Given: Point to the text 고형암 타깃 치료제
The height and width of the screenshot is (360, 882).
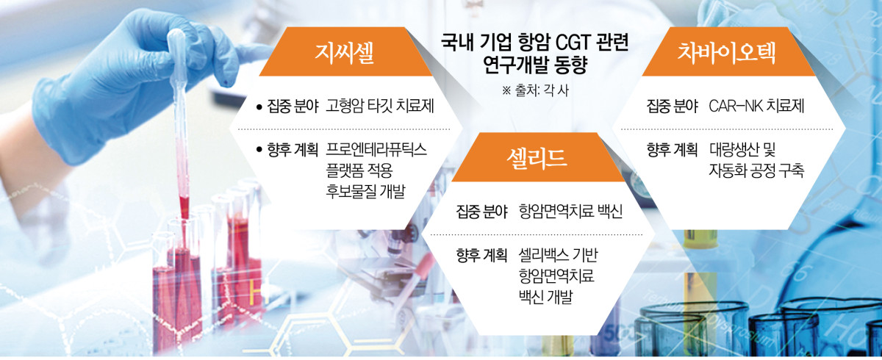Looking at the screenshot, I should coord(380,107).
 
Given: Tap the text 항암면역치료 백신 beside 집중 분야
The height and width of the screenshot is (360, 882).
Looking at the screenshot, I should coord(571,213).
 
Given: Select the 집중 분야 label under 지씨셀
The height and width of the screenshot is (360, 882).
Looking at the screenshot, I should coord(293,107).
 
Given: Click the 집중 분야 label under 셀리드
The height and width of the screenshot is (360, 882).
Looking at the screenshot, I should coord(481,213).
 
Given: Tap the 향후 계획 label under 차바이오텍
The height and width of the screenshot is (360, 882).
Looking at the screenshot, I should coord(672,150).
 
